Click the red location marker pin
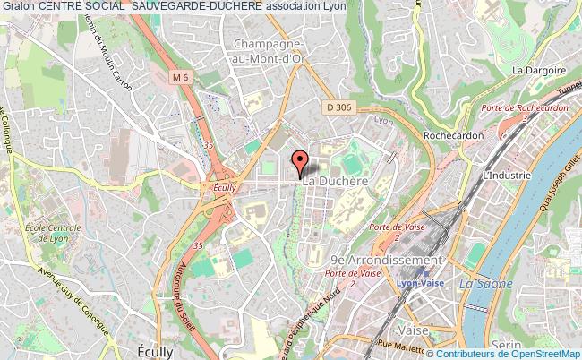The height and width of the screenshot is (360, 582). pos(299,163)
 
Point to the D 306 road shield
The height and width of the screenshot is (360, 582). pos(336,106)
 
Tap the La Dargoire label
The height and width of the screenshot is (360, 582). pos(539,70)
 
